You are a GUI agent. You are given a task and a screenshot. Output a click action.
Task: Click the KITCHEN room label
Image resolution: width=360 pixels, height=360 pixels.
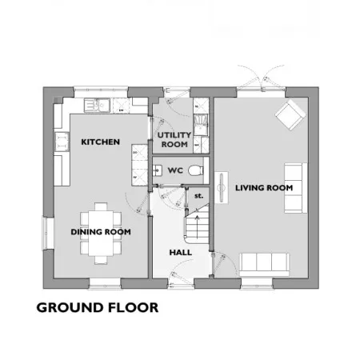tap(100, 142)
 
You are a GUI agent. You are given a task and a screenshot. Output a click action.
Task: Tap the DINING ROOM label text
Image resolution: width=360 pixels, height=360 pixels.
tap(101, 232)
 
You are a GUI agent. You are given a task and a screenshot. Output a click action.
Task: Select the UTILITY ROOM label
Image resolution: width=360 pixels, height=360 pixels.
tap(174, 140)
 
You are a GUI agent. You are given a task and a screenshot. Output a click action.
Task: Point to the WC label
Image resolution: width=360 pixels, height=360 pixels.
tap(175, 170)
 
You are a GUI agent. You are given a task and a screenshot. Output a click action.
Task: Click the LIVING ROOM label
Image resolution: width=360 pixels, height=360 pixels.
tap(264, 188)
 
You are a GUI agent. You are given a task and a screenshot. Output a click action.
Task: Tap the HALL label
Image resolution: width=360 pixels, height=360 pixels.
tap(181, 252)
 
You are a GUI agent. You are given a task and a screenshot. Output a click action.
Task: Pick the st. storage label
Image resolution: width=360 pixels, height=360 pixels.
tap(198, 196)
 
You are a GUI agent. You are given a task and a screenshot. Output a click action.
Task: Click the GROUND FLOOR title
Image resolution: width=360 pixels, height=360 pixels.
tap(98, 307)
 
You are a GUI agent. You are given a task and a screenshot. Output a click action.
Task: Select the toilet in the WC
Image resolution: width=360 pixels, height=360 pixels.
tap(196, 170)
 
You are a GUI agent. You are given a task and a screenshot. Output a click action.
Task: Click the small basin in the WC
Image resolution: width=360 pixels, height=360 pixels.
tap(158, 170)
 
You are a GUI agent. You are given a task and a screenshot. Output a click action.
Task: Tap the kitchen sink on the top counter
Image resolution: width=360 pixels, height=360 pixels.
tap(97, 105)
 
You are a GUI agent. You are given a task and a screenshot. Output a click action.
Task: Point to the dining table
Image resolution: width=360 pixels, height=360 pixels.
tap(101, 234)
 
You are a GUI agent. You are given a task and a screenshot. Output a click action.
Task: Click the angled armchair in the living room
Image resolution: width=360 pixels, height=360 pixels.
tap(290, 115)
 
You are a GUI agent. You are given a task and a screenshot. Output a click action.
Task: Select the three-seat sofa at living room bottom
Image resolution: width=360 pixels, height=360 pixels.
tap(264, 265)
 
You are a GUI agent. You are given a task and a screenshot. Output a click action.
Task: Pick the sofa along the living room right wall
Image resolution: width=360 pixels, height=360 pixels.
tap(296, 188)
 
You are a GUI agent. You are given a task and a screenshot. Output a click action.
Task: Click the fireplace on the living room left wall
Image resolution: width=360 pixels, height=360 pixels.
tap(222, 188)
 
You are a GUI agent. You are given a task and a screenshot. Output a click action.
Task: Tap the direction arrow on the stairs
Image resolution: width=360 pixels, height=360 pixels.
tap(198, 227)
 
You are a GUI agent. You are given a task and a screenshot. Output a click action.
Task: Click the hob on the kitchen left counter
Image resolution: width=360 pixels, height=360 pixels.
tap(62, 142)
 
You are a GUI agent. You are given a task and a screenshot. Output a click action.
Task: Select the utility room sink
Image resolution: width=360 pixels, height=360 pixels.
tap(201, 125)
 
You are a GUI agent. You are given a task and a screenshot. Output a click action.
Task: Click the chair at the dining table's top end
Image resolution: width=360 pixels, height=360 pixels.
tap(101, 207)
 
